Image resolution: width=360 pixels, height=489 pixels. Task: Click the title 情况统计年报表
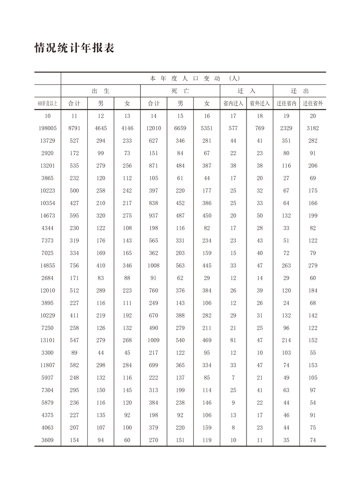tap(74, 48)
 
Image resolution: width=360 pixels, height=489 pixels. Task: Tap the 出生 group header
tap(100, 91)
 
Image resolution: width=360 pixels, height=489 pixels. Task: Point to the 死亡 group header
tap(180, 91)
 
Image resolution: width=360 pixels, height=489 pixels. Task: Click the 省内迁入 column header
tap(233, 104)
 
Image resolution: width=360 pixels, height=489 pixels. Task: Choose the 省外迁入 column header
tap(260, 104)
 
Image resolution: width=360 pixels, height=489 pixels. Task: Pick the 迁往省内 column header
tap(286, 104)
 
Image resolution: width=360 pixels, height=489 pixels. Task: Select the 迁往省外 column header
tap(313, 104)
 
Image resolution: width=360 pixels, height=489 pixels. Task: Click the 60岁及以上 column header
tap(48, 104)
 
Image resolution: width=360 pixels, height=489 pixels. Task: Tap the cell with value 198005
tap(48, 128)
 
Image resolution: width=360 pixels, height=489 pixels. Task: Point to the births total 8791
tap(74, 128)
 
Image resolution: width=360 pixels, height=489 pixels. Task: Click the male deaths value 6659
tap(180, 128)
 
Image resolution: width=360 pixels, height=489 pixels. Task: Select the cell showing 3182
tap(313, 128)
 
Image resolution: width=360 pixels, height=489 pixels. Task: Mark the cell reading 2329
tap(286, 128)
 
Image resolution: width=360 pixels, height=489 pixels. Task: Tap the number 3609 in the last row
tap(48, 440)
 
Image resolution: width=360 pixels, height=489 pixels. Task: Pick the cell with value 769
tap(260, 128)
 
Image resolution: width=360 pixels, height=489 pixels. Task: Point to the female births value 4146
tap(127, 128)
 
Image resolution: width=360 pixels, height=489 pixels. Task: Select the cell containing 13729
tap(48, 141)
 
